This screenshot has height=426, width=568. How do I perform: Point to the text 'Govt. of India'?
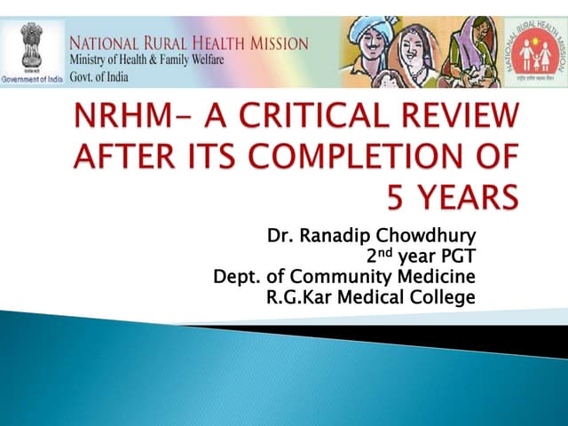99,76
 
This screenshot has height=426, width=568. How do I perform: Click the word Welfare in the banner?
201,59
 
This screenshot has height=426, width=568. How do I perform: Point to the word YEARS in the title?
469,195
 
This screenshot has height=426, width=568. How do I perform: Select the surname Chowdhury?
425,237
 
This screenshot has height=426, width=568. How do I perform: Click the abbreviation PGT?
456,256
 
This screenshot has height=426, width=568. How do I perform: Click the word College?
443,297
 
